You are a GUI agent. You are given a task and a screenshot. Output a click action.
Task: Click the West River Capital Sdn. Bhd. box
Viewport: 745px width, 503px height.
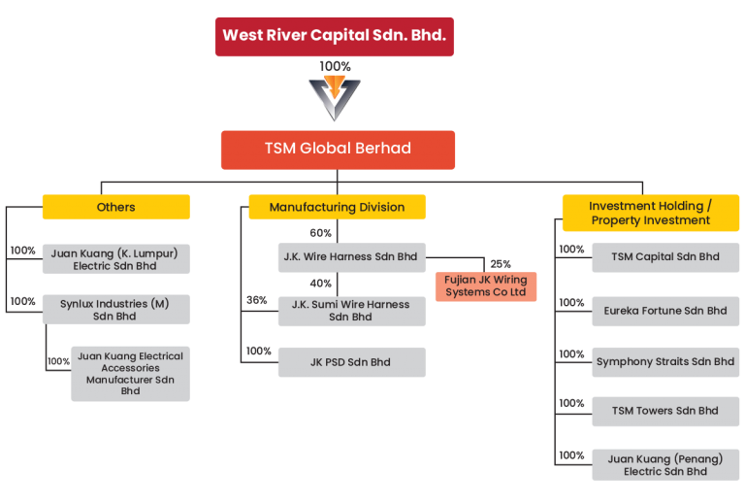pyautogui.click(x=335, y=36)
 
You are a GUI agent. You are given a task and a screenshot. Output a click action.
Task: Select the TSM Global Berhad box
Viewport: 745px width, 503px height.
pyautogui.click(x=338, y=150)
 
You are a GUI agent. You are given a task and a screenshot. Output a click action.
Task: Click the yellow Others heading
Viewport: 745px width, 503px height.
pyautogui.click(x=115, y=207)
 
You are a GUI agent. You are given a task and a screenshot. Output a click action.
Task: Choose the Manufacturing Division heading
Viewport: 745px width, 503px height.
pyautogui.click(x=338, y=207)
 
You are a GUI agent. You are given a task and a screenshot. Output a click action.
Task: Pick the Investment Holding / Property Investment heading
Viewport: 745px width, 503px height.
pyautogui.click(x=651, y=213)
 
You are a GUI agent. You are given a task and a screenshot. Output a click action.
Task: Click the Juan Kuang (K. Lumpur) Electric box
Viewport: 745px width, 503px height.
pyautogui.click(x=115, y=259)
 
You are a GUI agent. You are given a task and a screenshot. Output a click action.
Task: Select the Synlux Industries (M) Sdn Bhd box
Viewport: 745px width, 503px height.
pyautogui.click(x=115, y=310)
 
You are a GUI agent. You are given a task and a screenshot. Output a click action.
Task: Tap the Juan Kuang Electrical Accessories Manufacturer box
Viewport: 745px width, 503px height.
pyautogui.click(x=130, y=374)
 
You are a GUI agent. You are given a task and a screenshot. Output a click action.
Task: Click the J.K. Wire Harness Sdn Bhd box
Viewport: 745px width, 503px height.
pyautogui.click(x=351, y=257)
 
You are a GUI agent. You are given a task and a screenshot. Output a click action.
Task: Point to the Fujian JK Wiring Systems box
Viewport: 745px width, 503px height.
pyautogui.click(x=485, y=286)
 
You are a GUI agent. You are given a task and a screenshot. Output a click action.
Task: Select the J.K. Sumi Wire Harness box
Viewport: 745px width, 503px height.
pyautogui.click(x=351, y=310)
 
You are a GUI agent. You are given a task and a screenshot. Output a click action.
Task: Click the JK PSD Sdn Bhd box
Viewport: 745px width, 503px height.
pyautogui.click(x=351, y=362)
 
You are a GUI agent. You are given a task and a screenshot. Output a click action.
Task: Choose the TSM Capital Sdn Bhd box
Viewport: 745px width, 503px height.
pyautogui.click(x=665, y=257)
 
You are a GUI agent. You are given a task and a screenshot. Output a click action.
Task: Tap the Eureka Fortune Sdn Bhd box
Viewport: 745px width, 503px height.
pyautogui.click(x=665, y=311)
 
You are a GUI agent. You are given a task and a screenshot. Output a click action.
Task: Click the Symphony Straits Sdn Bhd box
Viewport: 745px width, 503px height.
pyautogui.click(x=665, y=362)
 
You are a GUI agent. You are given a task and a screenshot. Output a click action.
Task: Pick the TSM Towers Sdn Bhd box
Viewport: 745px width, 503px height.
pyautogui.click(x=665, y=411)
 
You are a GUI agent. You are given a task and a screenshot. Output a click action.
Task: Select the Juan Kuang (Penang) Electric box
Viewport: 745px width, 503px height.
pyautogui.click(x=665, y=464)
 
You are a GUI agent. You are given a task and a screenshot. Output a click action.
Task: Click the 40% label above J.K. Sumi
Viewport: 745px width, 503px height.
pyautogui.click(x=320, y=284)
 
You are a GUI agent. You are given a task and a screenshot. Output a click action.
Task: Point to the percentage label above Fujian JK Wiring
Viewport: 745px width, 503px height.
pyautogui.click(x=501, y=264)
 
